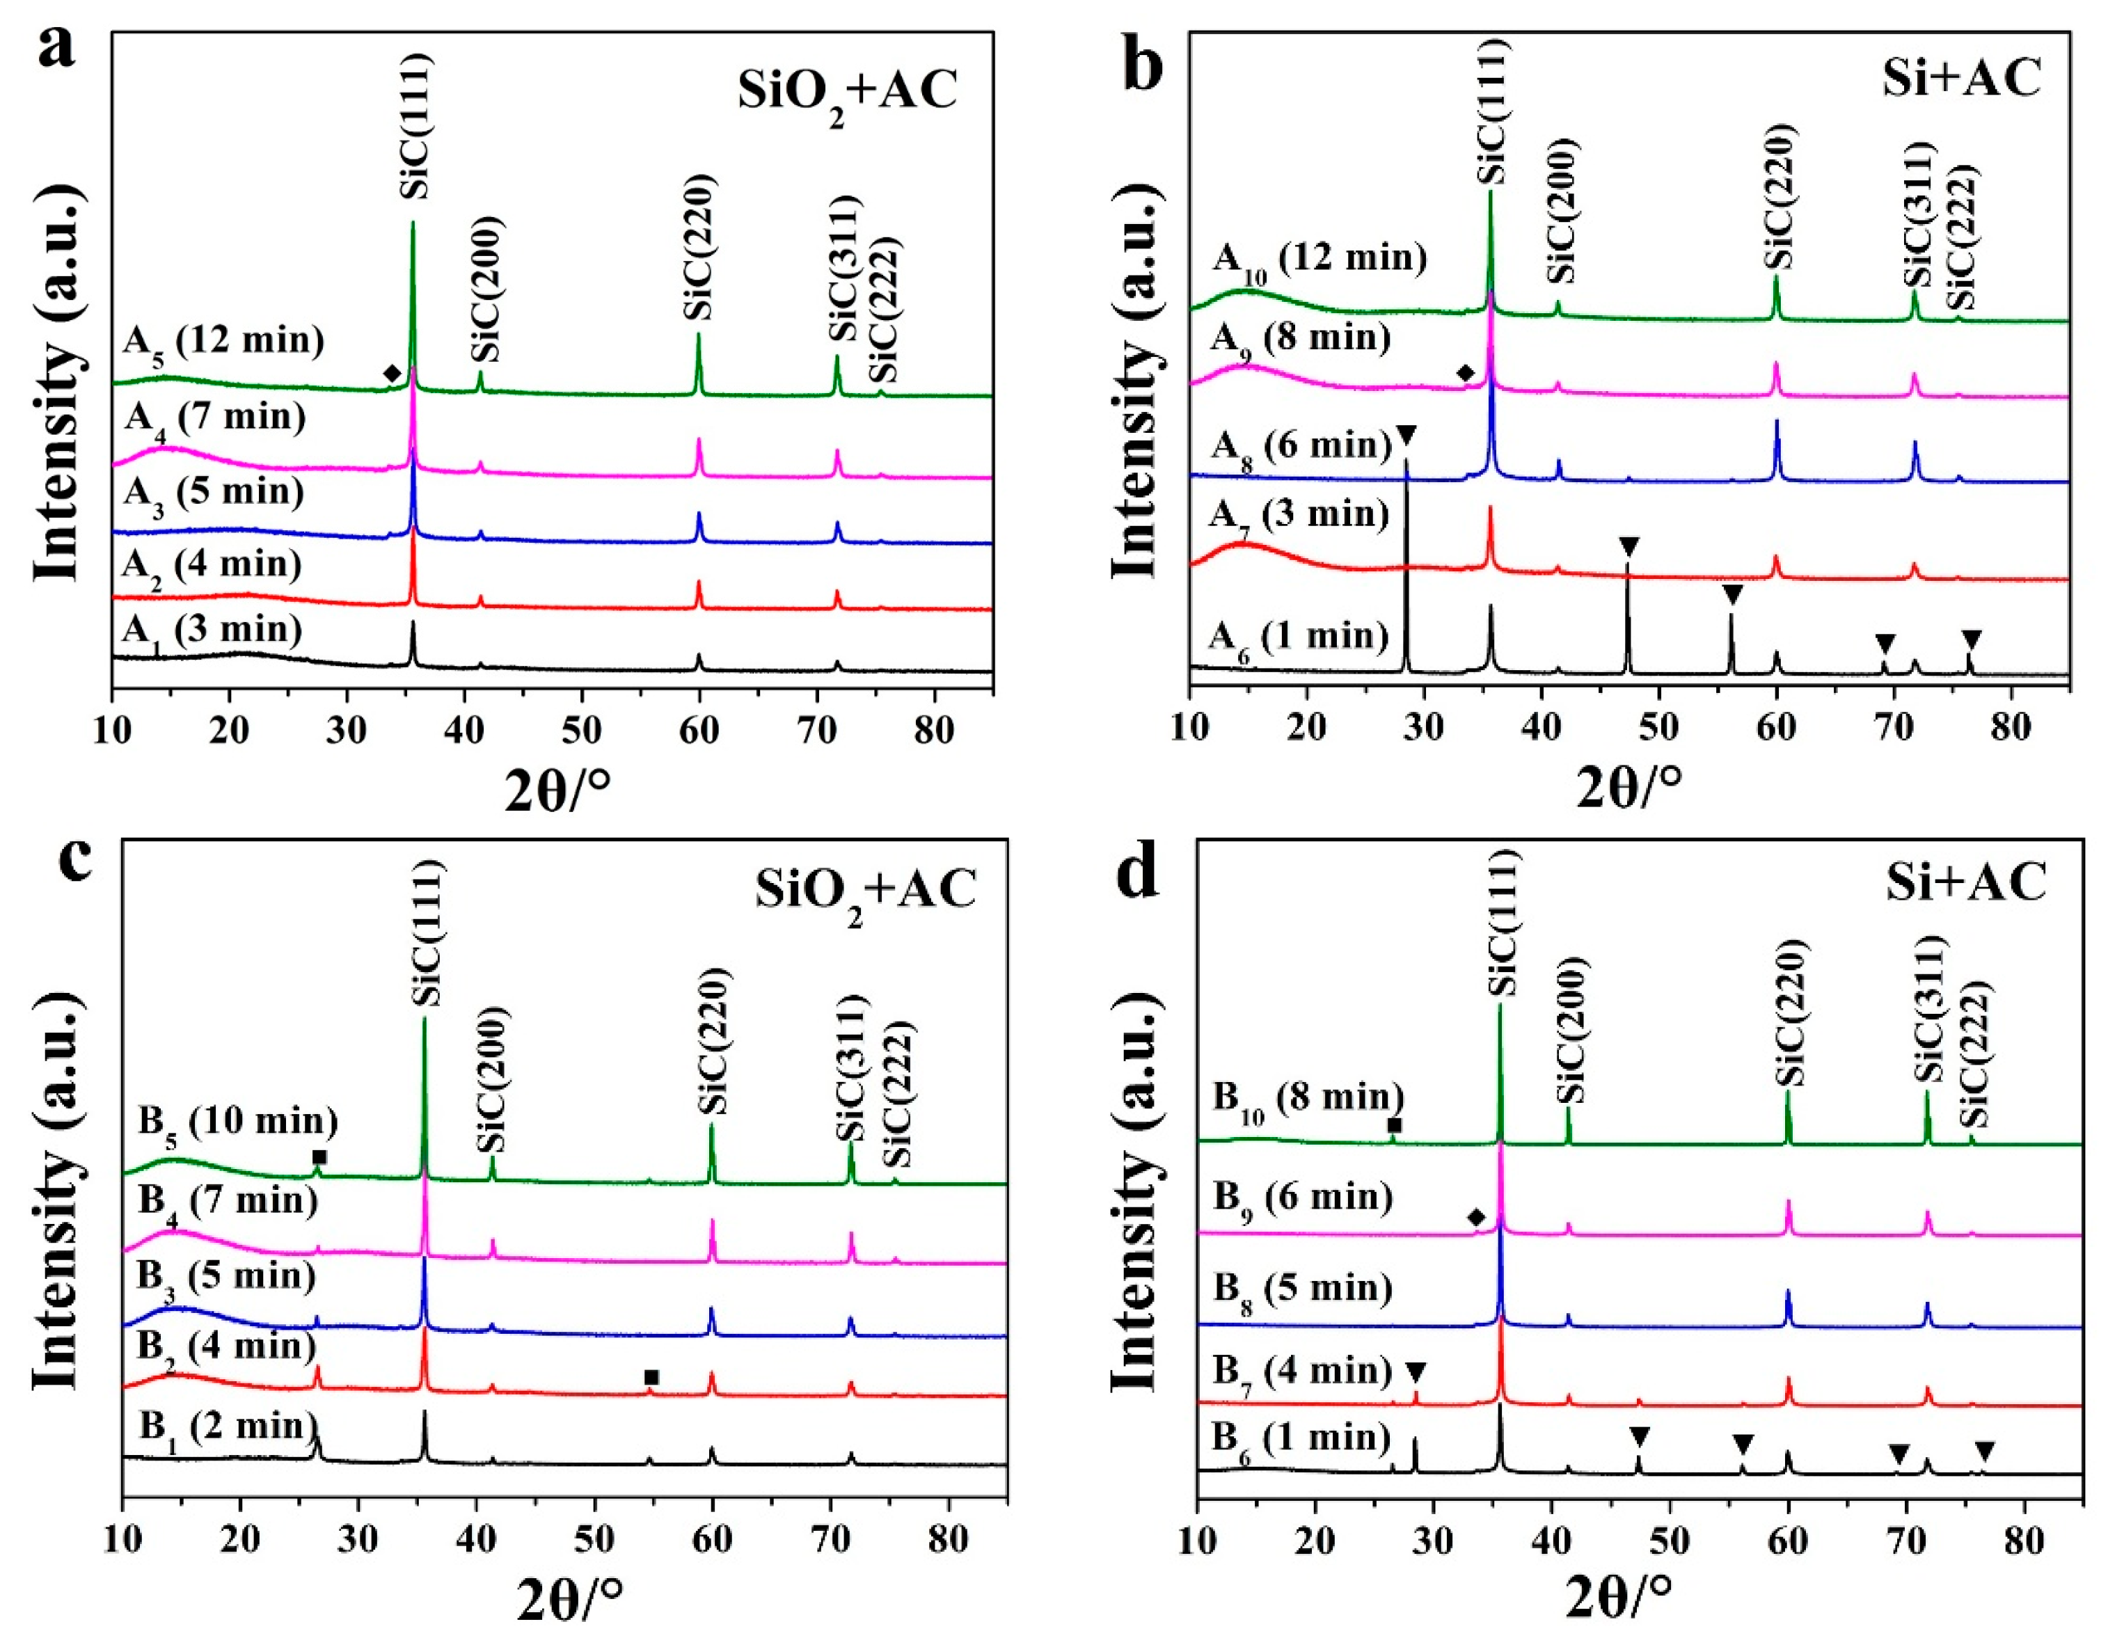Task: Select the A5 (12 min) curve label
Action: point(223,342)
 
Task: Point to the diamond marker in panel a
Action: point(391,374)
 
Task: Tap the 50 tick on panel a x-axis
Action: point(582,731)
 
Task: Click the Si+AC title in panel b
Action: point(1960,77)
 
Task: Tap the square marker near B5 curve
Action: point(319,1157)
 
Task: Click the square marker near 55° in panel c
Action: point(651,1377)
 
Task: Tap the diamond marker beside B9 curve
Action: point(1475,1218)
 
